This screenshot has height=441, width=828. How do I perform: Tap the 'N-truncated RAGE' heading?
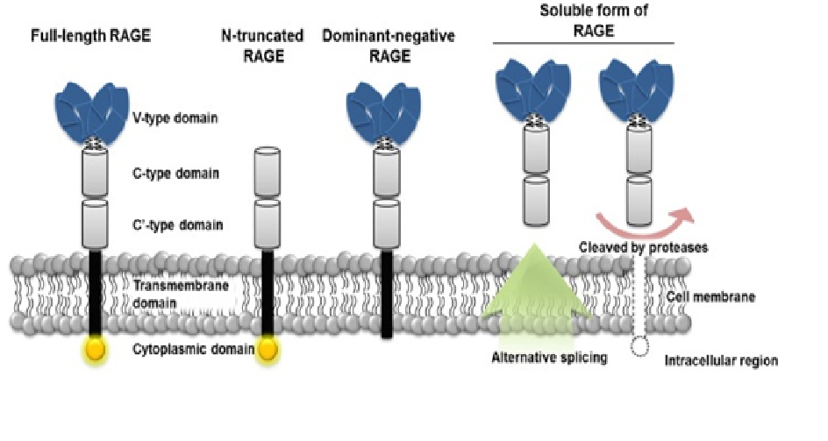tap(263, 43)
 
